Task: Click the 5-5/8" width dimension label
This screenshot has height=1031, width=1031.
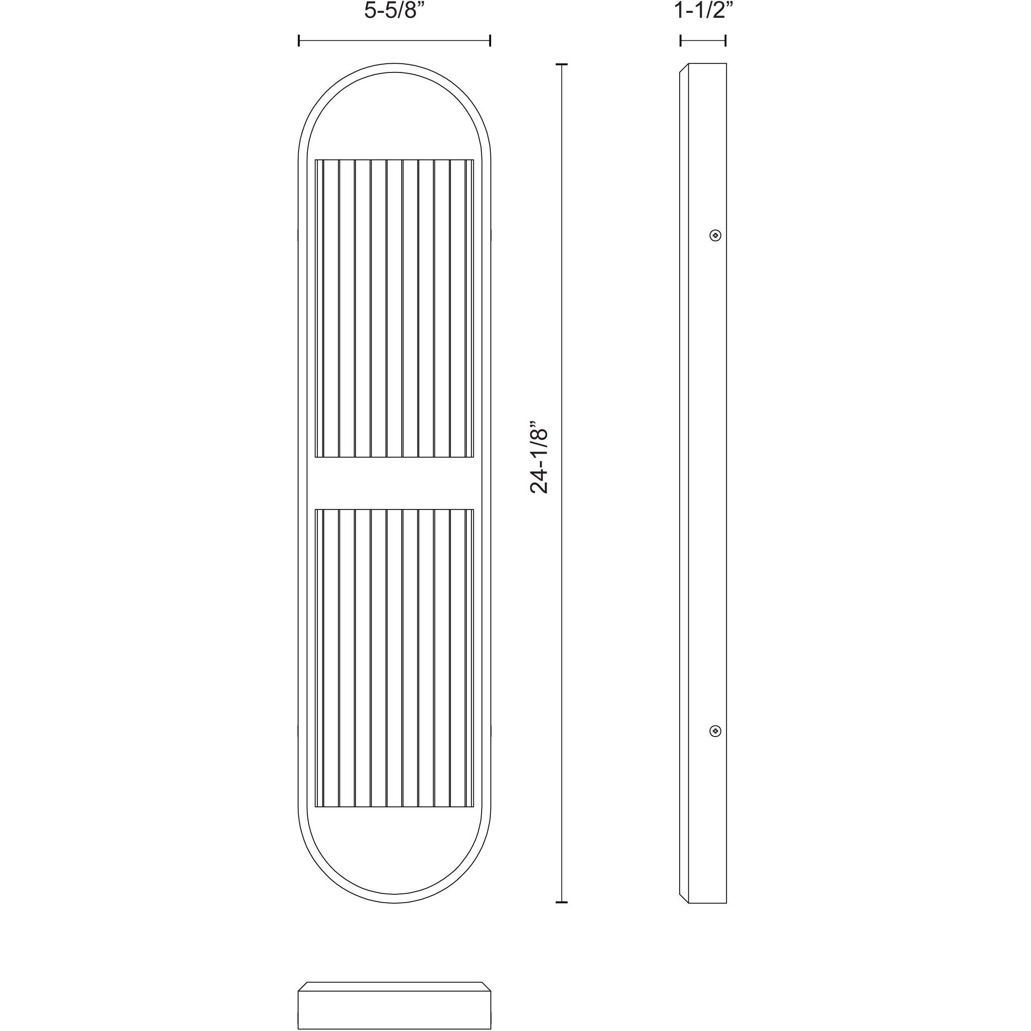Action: point(394,11)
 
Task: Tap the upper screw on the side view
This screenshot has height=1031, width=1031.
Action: point(715,235)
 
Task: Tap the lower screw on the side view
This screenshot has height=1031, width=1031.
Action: point(715,731)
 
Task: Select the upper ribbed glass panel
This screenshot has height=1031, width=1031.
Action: point(394,309)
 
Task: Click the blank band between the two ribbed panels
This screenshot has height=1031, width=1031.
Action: point(394,483)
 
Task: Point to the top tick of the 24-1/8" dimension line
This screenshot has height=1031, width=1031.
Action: point(561,64)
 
